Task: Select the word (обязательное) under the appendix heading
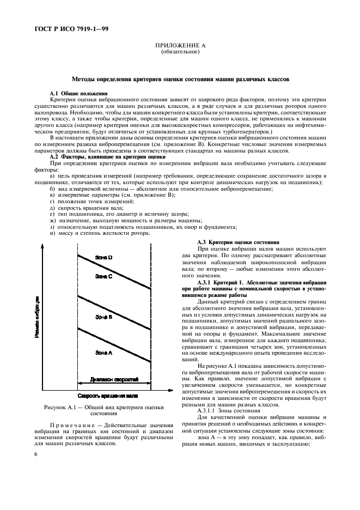coord(180,53)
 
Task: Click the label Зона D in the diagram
coord(103,257)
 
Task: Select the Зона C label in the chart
coord(103,276)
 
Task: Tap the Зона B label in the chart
coord(103,316)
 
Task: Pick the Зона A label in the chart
coord(103,353)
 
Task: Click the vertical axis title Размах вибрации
coord(37,317)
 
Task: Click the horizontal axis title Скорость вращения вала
coord(107,396)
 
